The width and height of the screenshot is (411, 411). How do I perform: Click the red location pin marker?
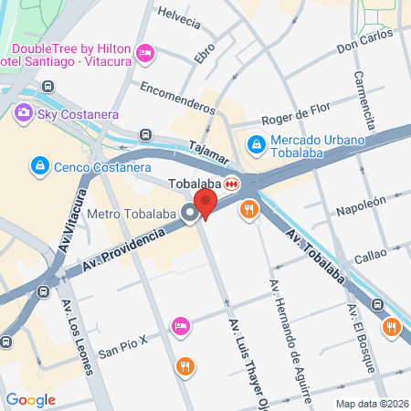[206, 204]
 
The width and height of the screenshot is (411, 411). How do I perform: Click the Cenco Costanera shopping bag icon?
[39, 166]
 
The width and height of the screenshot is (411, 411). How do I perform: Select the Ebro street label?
[205, 52]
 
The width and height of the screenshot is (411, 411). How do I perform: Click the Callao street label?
[371, 255]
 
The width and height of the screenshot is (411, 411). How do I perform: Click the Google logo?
[30, 399]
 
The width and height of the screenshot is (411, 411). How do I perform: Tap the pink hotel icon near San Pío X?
[181, 326]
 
